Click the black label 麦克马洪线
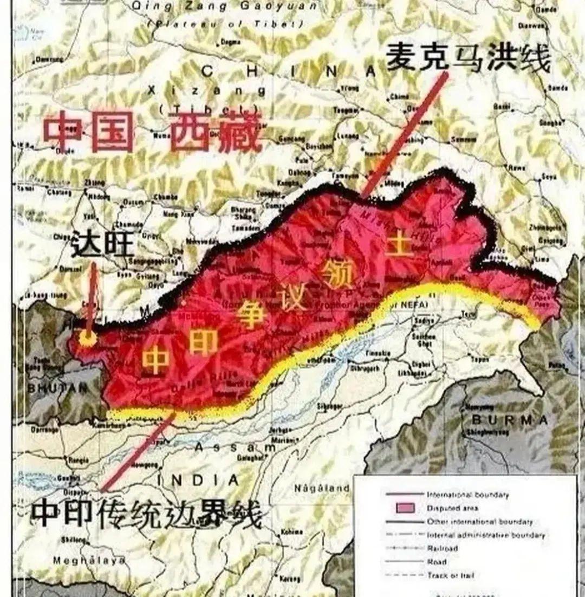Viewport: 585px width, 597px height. click(x=468, y=58)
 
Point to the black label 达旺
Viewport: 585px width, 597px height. click(x=102, y=244)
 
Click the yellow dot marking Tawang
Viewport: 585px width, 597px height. click(x=87, y=338)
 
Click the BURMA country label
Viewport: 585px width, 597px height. click(x=510, y=419)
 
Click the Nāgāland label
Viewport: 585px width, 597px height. click(x=322, y=488)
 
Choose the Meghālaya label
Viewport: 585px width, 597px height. click(x=89, y=560)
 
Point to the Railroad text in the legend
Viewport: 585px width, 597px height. click(x=442, y=548)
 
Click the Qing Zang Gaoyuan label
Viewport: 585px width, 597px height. click(x=224, y=7)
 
